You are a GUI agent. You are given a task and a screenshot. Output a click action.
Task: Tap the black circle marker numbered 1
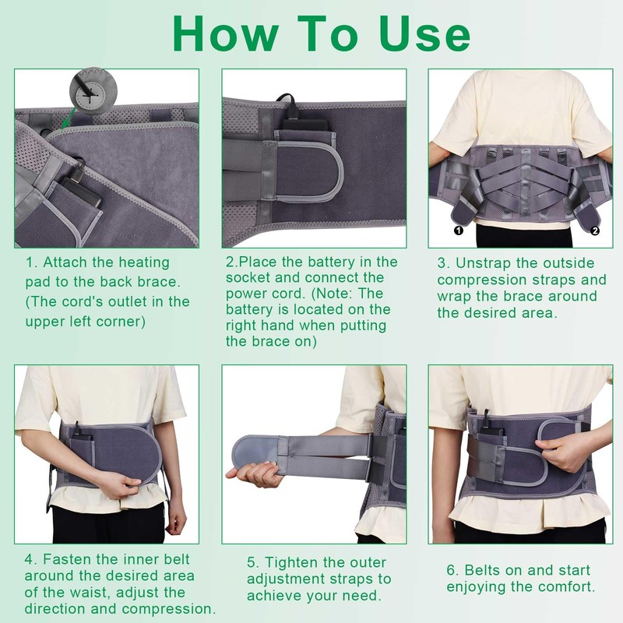click(x=458, y=230)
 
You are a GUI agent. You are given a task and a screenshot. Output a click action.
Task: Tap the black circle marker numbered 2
click(x=594, y=230)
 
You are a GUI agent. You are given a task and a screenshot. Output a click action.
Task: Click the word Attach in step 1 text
click(x=65, y=262)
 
